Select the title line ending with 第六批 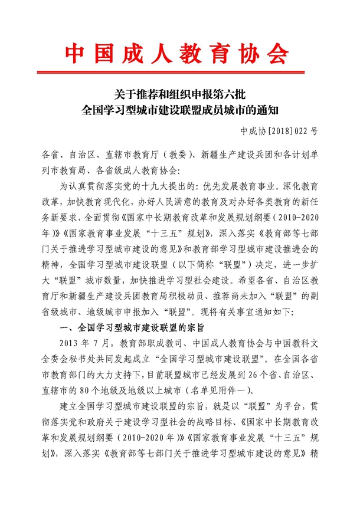[x=179, y=94]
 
